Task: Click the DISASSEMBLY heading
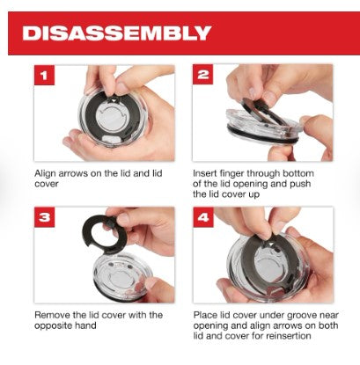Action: (x=116, y=33)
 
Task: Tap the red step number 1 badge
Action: (x=44, y=76)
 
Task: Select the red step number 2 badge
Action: (x=202, y=74)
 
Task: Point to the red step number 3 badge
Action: (x=44, y=217)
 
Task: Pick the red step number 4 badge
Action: (x=203, y=217)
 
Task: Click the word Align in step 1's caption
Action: (x=45, y=173)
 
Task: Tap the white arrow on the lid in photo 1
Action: (x=114, y=100)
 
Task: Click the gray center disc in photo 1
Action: (x=113, y=119)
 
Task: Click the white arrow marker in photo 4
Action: (x=268, y=245)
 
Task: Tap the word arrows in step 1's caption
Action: (x=73, y=173)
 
